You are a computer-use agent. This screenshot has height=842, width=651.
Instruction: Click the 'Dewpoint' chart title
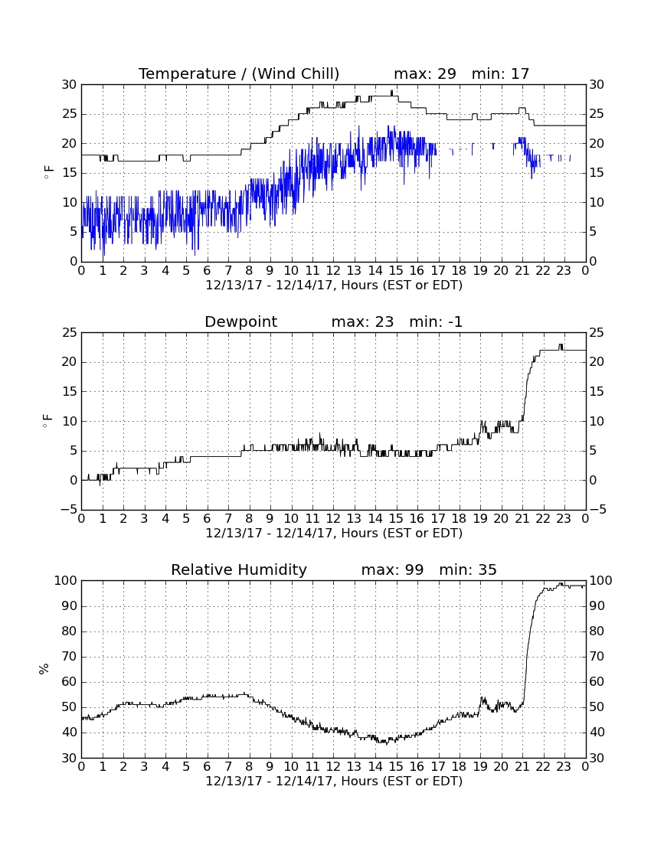pyautogui.click(x=240, y=321)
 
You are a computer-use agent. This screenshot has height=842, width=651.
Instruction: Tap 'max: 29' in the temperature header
pyautogui.click(x=425, y=73)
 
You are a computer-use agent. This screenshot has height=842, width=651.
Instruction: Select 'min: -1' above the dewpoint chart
pyautogui.click(x=436, y=321)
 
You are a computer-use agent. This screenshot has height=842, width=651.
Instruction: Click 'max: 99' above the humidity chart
pyautogui.click(x=392, y=569)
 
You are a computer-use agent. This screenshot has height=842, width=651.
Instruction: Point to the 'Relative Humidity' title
pyautogui.click(x=238, y=569)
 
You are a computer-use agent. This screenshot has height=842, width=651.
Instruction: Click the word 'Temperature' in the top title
pyautogui.click(x=187, y=73)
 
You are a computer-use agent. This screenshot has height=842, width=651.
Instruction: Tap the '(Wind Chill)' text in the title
pyautogui.click(x=296, y=73)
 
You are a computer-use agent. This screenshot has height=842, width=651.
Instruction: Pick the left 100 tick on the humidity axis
pyautogui.click(x=66, y=580)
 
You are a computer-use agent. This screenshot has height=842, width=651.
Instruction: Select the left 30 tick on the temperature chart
pyautogui.click(x=69, y=84)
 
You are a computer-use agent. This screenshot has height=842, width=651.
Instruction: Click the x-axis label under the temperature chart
pyautogui.click(x=334, y=286)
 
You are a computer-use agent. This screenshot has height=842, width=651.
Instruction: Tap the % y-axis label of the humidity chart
pyautogui.click(x=44, y=668)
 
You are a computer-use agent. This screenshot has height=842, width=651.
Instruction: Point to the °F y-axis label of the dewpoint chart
pyautogui.click(x=47, y=420)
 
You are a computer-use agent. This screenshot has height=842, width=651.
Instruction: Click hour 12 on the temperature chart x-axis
pyautogui.click(x=333, y=271)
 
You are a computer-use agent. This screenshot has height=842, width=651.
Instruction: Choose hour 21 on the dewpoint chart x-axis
pyautogui.click(x=522, y=519)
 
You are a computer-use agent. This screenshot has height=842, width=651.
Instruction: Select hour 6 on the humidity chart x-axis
pyautogui.click(x=208, y=767)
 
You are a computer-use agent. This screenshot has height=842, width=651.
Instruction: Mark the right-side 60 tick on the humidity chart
pyautogui.click(x=597, y=681)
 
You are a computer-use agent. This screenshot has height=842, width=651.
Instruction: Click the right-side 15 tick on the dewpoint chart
pyautogui.click(x=597, y=391)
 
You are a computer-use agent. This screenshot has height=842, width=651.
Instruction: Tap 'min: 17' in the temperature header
pyautogui.click(x=500, y=73)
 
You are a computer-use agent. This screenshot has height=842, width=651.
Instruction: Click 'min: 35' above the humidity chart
pyautogui.click(x=468, y=569)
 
